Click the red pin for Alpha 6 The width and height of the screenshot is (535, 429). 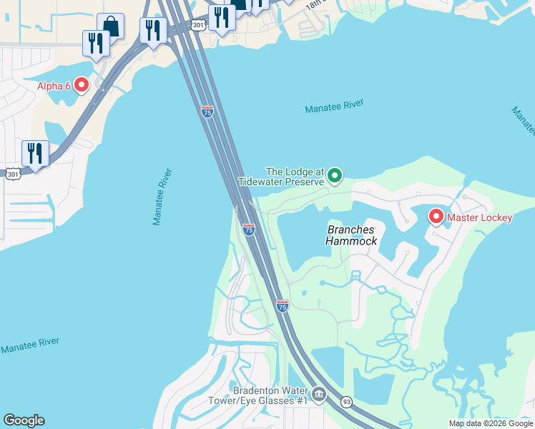point(81,86)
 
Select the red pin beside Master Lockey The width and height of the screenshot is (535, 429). point(436,217)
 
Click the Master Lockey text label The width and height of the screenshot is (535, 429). point(480,217)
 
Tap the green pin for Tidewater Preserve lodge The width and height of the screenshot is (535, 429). point(335,175)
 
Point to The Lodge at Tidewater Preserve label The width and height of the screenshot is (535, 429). point(295,177)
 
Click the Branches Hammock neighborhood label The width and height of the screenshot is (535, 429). point(351,235)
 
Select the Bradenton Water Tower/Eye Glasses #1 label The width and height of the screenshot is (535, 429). point(270,395)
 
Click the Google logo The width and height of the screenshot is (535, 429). point(24,420)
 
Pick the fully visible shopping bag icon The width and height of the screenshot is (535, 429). point(111,26)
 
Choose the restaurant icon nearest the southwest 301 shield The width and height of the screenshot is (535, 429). point(34,153)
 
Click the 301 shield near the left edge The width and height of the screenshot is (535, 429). point(12,174)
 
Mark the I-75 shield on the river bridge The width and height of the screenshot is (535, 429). point(207,112)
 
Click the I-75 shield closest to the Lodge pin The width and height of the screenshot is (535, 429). point(248,230)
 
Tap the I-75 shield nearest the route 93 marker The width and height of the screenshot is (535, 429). point(283,306)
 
